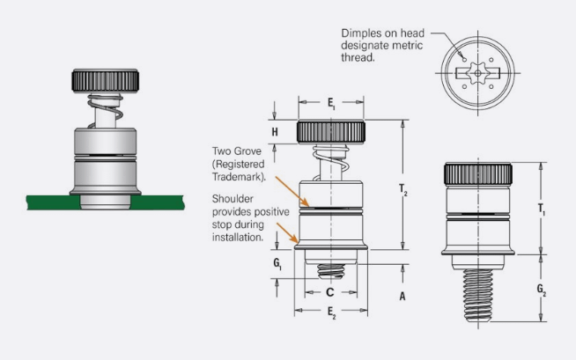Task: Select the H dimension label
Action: (x=277, y=132)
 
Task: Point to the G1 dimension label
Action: (x=277, y=264)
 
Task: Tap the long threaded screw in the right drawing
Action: (x=478, y=295)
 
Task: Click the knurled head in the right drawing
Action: (x=478, y=173)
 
